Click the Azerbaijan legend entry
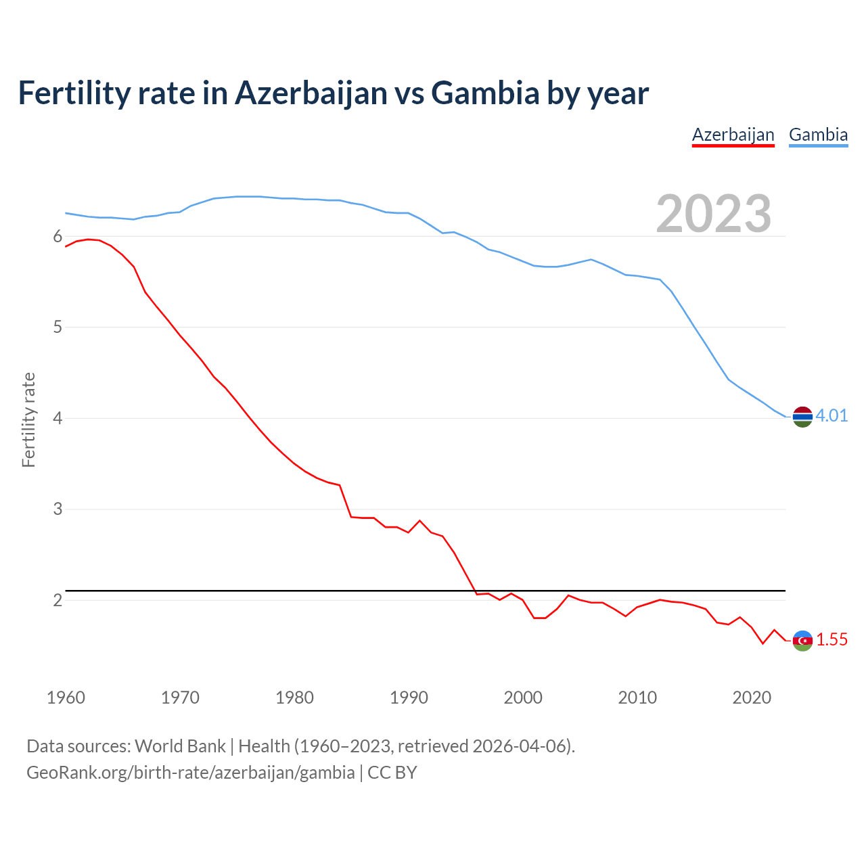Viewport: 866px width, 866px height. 733,135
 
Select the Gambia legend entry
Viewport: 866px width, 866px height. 818,135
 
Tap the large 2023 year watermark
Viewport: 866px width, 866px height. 713,214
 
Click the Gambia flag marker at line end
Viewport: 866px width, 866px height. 802,417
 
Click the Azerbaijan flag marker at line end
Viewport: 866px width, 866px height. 802,640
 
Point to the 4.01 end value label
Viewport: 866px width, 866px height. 831,415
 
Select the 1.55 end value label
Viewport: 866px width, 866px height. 831,639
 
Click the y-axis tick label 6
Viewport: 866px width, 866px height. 58,236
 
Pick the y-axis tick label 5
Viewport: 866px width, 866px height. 58,327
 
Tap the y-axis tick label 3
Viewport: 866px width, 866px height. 58,509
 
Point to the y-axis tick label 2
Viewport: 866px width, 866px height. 58,600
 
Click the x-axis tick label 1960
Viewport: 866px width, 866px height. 66,698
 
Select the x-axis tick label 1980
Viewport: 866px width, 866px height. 294,698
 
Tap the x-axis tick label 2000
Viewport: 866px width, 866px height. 523,698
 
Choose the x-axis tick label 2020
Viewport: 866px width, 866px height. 752,698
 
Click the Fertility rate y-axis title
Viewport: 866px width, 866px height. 28,419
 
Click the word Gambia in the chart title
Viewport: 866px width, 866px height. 485,93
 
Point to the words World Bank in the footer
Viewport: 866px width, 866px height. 180,746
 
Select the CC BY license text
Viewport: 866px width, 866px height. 392,773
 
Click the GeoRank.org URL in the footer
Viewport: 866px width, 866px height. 190,773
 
